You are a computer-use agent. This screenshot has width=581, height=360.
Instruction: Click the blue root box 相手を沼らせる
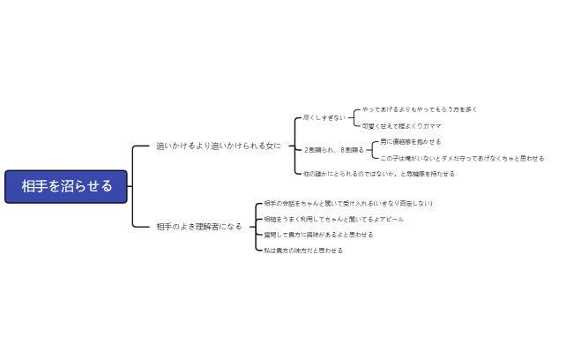(66, 186)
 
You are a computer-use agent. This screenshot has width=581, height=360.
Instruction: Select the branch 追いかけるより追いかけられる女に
(219, 146)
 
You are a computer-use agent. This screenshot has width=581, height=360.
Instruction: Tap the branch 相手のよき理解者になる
(198, 227)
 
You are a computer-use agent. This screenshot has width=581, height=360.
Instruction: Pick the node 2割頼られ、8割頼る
(333, 150)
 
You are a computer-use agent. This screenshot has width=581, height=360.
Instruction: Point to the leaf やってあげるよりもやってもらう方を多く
(420, 109)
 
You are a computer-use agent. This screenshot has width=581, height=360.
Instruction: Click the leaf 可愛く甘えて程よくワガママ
(401, 126)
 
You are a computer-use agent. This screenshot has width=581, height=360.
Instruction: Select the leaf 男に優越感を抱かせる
(411, 141)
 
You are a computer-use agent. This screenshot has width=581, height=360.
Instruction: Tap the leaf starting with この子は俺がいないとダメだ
(462, 159)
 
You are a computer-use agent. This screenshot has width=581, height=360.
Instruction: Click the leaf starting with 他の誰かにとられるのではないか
(378, 174)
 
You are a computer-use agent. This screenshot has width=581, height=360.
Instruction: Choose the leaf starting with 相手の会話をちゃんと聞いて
(348, 203)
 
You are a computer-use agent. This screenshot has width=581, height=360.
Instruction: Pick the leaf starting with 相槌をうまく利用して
(334, 219)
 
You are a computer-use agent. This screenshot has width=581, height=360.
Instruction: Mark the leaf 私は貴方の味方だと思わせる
(303, 251)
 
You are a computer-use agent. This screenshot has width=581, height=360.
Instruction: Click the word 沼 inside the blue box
(66, 186)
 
